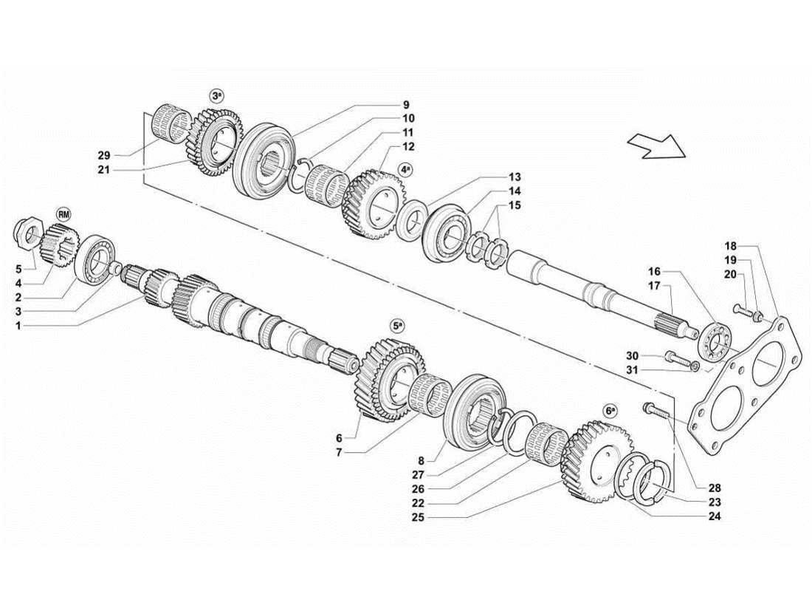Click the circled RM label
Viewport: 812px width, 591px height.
tap(64, 214)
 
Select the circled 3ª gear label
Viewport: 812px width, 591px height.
tap(216, 97)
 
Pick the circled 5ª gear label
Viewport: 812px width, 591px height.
tap(397, 325)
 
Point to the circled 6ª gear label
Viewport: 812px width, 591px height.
tap(609, 410)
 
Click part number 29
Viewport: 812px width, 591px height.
tap(103, 155)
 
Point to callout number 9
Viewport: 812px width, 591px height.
tap(406, 105)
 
